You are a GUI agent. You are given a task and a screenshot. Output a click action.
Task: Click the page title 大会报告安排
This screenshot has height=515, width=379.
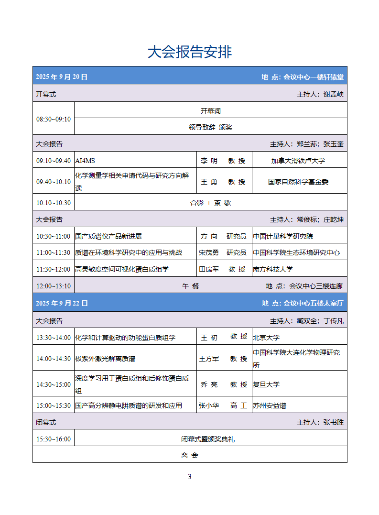[x=189, y=52]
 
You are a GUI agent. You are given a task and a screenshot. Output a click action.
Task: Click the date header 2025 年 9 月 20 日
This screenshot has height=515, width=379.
[x=62, y=77]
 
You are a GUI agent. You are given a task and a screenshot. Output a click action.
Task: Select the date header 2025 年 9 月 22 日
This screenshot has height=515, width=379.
[x=62, y=303]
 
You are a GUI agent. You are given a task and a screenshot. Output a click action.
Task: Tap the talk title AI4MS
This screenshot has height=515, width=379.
[x=85, y=161]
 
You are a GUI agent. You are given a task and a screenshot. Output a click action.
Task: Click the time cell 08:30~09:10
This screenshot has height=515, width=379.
[x=54, y=119]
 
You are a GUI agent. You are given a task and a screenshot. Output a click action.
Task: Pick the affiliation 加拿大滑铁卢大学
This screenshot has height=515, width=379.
[x=298, y=161]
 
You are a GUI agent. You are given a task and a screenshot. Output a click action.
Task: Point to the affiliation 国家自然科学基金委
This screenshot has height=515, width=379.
[x=298, y=182]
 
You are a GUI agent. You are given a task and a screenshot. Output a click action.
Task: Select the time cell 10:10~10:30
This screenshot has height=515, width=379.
[x=54, y=203]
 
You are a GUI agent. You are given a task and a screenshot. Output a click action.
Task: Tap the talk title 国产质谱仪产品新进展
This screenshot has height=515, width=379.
[x=108, y=236]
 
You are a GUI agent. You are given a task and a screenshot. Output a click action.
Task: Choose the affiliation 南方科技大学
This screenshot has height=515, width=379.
[x=273, y=269]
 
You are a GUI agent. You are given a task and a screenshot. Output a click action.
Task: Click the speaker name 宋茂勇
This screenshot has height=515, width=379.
[x=209, y=252]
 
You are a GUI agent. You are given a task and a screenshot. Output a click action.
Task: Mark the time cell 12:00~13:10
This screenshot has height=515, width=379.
[x=54, y=286]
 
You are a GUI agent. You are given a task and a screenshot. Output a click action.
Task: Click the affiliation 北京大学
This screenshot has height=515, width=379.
[x=266, y=338]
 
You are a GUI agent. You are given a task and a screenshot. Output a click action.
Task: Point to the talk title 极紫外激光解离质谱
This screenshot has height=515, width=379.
[x=102, y=359]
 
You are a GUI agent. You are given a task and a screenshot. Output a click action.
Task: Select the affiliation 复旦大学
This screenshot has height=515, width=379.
[x=266, y=384]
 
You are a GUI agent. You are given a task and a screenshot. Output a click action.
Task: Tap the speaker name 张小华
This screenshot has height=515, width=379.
[x=209, y=405]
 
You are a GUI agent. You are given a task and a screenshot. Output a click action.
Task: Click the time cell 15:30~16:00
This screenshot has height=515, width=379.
[x=54, y=439]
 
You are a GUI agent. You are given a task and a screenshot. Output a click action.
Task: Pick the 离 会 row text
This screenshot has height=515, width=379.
[x=189, y=455]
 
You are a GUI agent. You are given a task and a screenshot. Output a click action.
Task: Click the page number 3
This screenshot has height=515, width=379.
[x=190, y=477]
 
